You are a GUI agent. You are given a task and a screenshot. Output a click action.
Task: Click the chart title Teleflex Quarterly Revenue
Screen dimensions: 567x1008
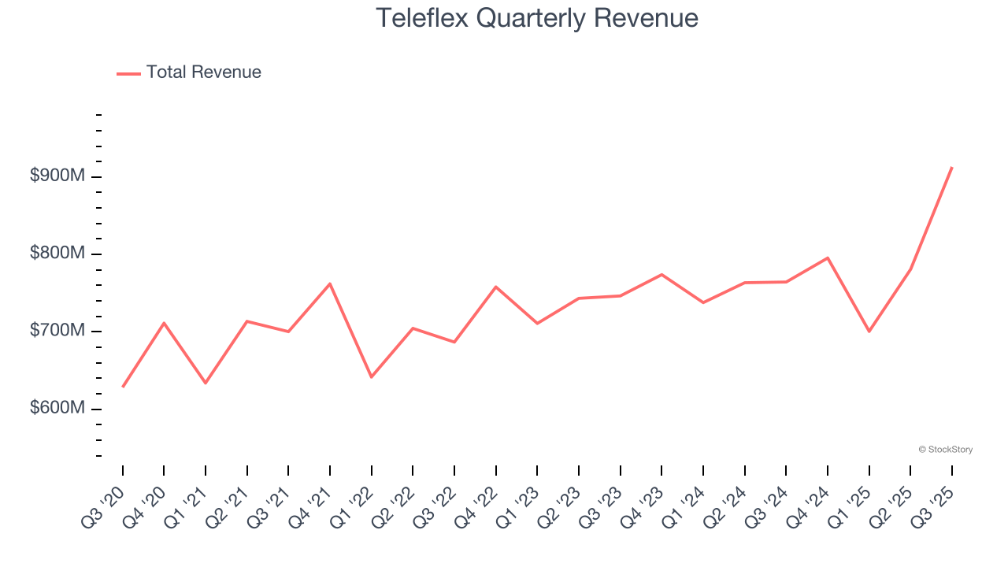(537, 17)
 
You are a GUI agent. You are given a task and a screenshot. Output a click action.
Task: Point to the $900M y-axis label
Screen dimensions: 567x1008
(57, 176)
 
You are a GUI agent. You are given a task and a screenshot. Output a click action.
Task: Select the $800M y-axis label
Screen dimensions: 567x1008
(57, 254)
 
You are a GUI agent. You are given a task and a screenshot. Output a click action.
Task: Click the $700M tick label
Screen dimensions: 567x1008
(57, 331)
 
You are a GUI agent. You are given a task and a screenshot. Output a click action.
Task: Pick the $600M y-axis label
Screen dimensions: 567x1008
(57, 409)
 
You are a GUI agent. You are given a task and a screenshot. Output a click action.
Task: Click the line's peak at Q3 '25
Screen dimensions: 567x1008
(952, 167)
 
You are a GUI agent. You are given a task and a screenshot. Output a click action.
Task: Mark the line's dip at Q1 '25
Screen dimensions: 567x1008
(869, 332)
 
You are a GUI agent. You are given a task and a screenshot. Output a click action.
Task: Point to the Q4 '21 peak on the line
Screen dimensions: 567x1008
(330, 283)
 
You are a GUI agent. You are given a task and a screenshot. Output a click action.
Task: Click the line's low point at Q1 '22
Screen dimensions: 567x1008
(372, 377)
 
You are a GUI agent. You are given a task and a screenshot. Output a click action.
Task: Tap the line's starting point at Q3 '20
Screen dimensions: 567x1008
(123, 387)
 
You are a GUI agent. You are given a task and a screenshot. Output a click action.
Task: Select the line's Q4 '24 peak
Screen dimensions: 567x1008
(828, 258)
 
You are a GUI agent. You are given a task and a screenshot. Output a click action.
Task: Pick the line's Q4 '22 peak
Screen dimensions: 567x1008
(496, 287)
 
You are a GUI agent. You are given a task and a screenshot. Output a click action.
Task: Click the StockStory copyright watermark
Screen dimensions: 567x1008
(945, 450)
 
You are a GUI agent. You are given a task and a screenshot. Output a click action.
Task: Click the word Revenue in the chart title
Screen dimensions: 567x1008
(646, 17)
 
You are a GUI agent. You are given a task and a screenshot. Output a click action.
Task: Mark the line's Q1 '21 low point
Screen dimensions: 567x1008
(206, 383)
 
